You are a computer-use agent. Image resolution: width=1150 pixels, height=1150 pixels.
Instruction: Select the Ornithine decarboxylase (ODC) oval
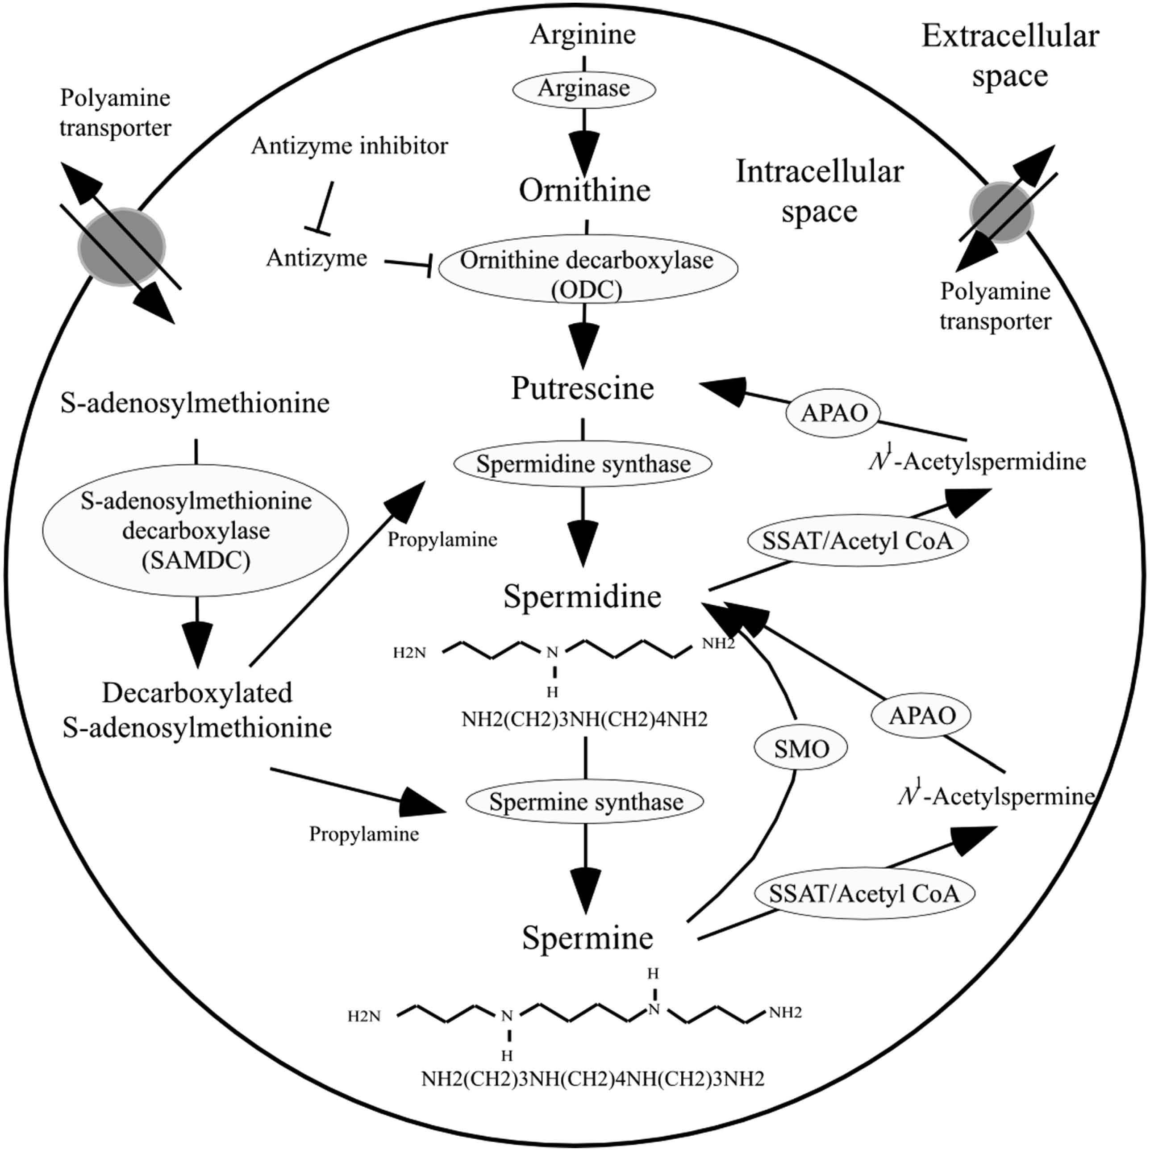pos(587,268)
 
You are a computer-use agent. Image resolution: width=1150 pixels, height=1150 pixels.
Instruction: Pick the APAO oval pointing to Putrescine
pos(833,412)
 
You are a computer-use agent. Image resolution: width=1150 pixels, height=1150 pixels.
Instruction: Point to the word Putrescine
pos(583,388)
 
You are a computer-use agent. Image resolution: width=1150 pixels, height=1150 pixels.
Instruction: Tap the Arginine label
pos(583,34)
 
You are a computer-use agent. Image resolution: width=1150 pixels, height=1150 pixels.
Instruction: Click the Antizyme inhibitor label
pos(350,146)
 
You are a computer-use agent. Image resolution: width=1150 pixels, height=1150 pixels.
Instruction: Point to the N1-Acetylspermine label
pos(997,796)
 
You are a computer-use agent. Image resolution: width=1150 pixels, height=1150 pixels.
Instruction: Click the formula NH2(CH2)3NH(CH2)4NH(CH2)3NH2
pos(592,1095)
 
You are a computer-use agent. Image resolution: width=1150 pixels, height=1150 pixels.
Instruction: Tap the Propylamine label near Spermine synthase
pos(364,834)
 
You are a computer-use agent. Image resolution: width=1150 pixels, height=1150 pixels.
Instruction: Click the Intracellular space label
pos(820,191)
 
